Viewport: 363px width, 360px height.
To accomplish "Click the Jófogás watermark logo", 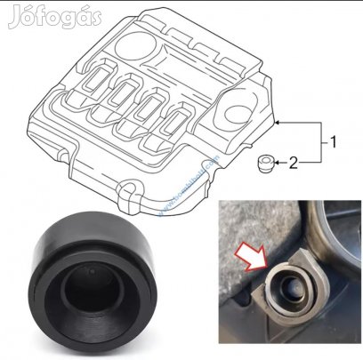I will (55, 16).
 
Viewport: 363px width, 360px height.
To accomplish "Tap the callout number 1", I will (333, 140).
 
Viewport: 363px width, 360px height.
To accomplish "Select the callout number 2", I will (307, 162).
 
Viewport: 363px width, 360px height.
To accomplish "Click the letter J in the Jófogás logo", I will (14, 16).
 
